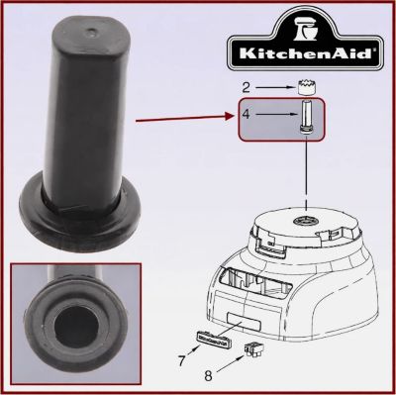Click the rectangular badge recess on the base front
pyautogui.click(x=244, y=326)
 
